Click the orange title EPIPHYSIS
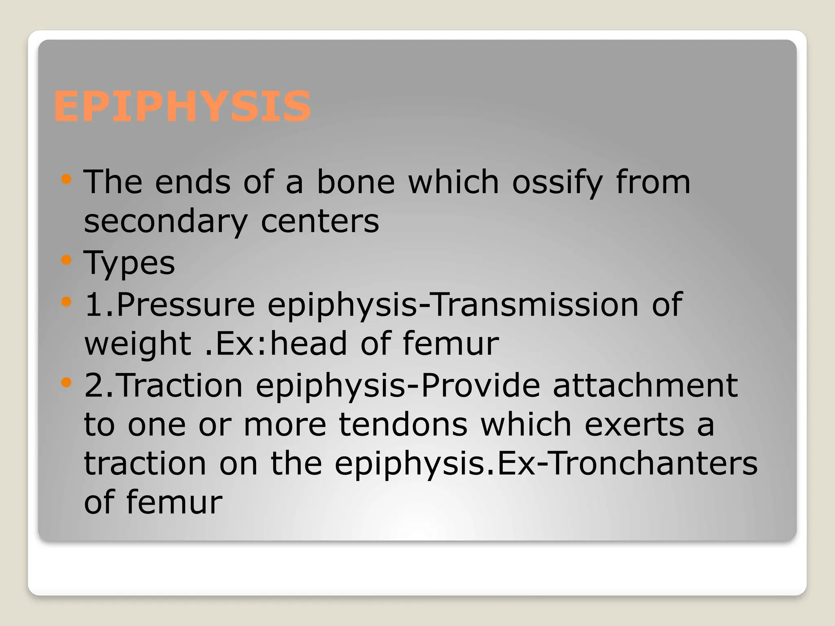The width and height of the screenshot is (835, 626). tap(182, 106)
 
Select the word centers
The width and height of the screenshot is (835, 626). tap(320, 222)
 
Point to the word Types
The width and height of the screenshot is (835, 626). tap(129, 263)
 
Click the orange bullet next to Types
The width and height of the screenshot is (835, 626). tap(66, 260)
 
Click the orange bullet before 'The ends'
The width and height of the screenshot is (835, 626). tap(66, 179)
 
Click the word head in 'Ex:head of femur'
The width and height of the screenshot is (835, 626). tap(308, 344)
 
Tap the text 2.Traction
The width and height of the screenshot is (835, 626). tap(163, 386)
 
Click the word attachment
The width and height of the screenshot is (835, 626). tap(645, 386)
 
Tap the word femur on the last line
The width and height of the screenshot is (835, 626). tap(174, 503)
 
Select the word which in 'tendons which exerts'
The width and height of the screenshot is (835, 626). tap(526, 425)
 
